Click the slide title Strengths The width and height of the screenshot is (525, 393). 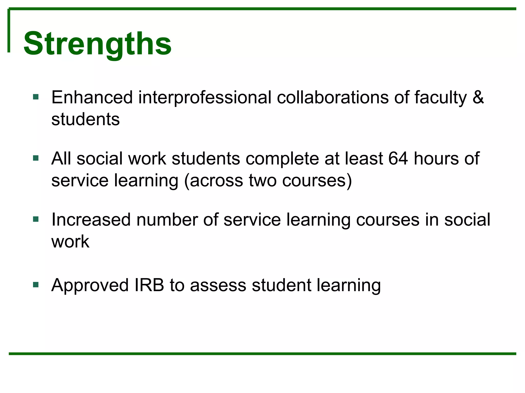97,43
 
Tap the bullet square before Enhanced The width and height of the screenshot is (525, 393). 36,97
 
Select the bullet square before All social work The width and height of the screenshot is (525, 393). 36,158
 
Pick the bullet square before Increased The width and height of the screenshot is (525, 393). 36,219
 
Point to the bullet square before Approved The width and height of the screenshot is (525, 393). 36,285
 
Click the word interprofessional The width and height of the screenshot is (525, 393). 205,98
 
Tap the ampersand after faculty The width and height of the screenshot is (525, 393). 478,97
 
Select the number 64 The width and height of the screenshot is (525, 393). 398,159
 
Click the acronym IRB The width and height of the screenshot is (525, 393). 149,285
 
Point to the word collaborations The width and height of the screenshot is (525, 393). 332,97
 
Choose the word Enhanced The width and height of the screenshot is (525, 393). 92,97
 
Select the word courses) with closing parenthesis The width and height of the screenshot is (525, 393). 317,181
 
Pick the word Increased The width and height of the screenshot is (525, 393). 91,220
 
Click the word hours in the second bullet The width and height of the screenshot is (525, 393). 436,159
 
